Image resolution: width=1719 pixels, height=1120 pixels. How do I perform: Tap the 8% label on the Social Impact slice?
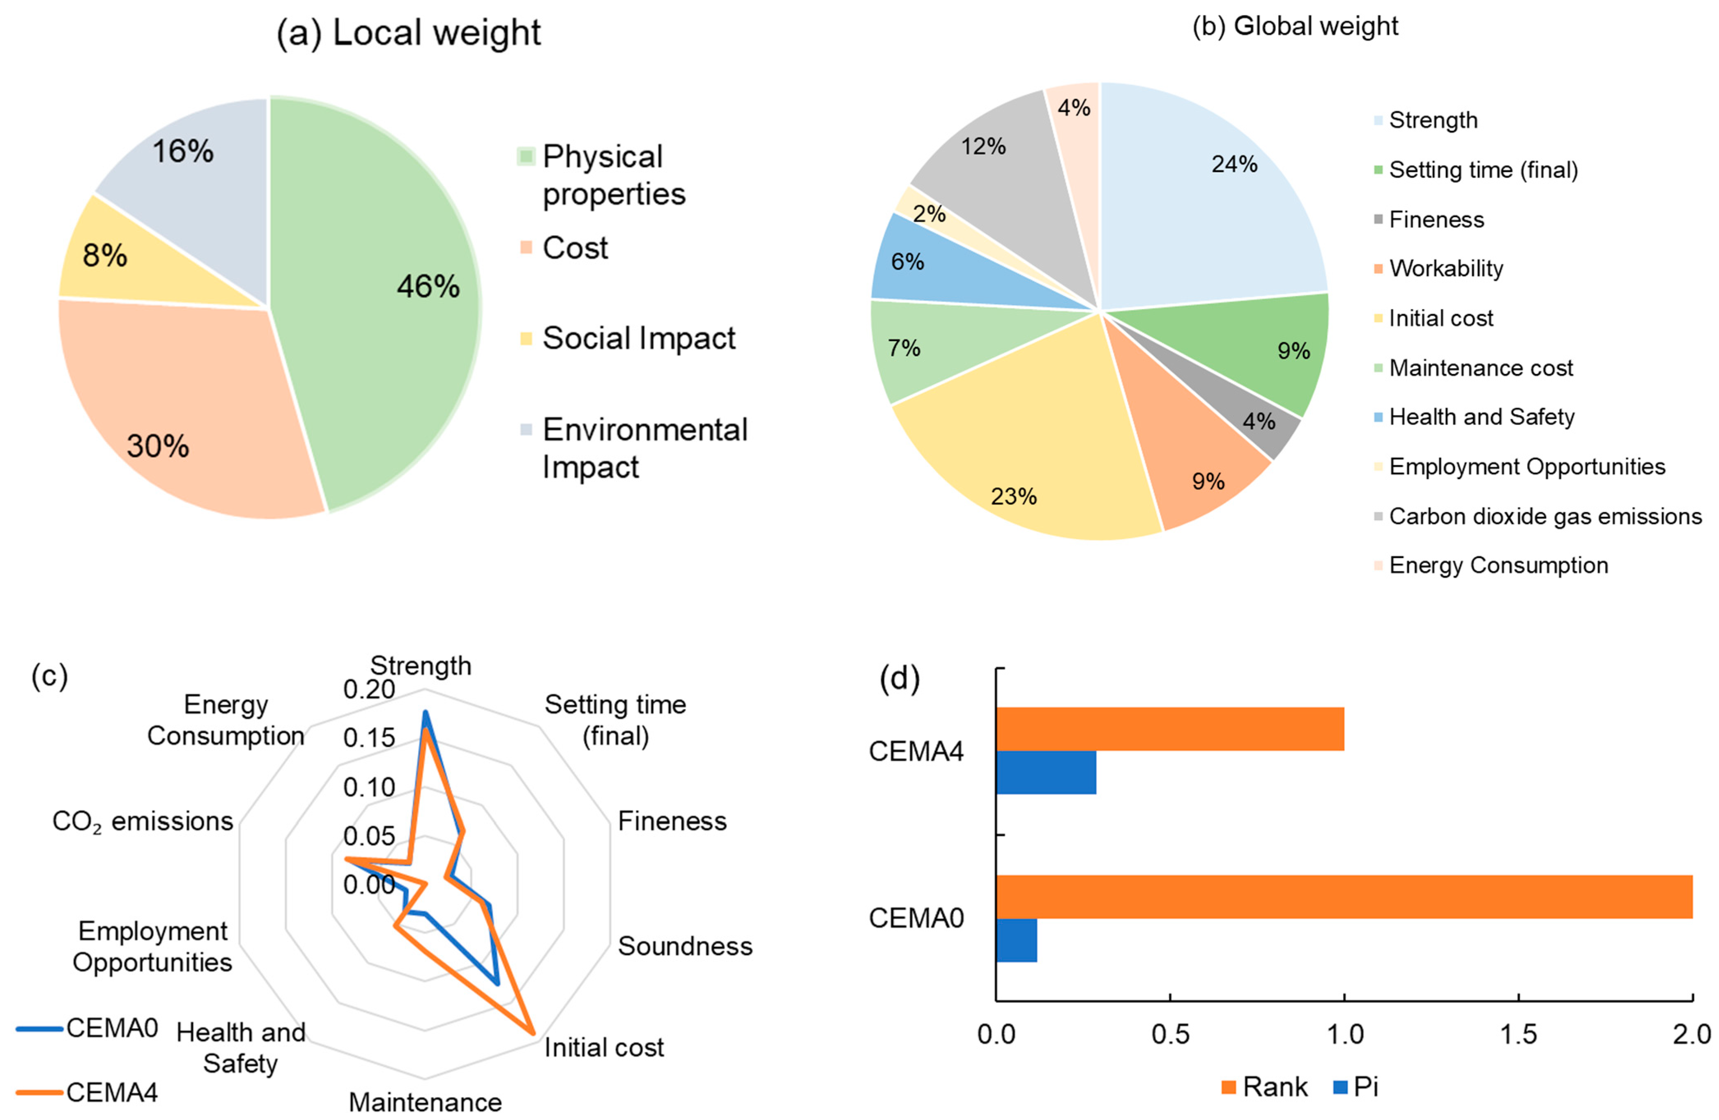pyautogui.click(x=105, y=256)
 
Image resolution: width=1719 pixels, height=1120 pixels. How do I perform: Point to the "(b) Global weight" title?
pyautogui.click(x=1295, y=26)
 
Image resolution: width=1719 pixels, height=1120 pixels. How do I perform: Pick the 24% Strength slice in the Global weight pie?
pyautogui.click(x=1213, y=195)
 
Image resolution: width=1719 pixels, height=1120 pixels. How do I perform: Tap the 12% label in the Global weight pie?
pyautogui.click(x=983, y=147)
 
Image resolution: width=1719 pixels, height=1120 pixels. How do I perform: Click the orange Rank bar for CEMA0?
pyautogui.click(x=1344, y=897)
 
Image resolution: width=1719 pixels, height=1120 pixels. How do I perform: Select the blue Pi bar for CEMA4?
pyautogui.click(x=1046, y=773)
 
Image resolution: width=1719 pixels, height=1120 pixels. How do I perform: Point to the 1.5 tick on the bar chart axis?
pyautogui.click(x=1518, y=1035)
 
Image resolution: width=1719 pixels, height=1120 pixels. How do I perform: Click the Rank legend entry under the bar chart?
pyautogui.click(x=1264, y=1087)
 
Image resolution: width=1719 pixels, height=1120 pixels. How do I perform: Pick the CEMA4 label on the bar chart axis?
pyautogui.click(x=916, y=752)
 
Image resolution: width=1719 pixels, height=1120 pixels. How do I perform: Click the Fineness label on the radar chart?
pyautogui.click(x=672, y=821)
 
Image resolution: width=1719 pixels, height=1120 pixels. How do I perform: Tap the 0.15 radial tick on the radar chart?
pyautogui.click(x=369, y=738)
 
